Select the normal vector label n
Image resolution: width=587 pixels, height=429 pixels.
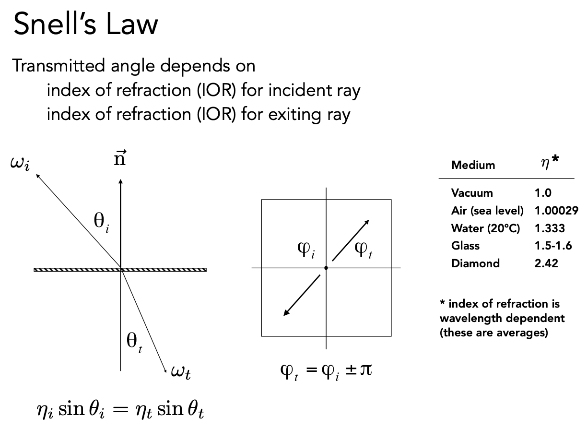tap(119, 159)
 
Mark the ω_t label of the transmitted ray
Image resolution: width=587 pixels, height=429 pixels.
tap(181, 373)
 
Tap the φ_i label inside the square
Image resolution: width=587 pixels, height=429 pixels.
tap(305, 250)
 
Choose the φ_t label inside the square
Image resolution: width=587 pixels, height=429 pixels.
tap(363, 250)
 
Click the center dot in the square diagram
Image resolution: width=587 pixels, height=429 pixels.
tap(326, 267)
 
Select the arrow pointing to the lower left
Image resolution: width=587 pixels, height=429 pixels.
tap(301, 296)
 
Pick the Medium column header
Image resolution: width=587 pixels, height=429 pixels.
tap(473, 165)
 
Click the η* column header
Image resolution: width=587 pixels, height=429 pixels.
tap(550, 164)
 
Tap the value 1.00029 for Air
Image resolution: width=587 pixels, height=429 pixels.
tap(556, 211)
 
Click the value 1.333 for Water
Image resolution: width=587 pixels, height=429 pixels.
tap(550, 228)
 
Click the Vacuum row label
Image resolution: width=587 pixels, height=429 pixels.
tap(472, 193)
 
